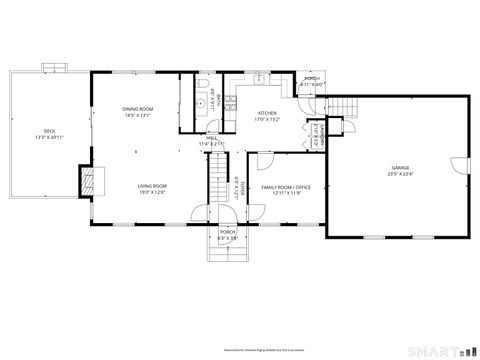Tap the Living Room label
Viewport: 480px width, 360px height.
[152, 185]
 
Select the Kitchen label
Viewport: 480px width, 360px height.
[268, 113]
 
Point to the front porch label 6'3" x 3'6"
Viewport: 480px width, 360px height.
[227, 238]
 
